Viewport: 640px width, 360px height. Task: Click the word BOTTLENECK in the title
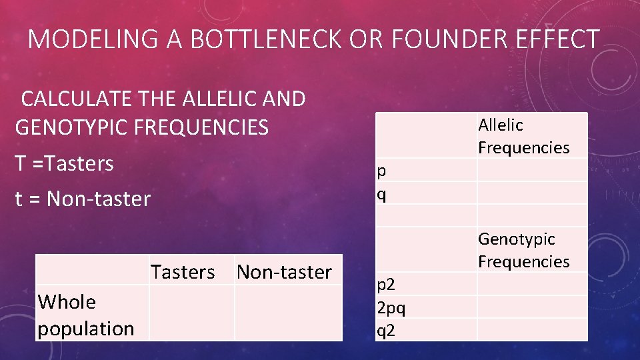(x=272, y=39)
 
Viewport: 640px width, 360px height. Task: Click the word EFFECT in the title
(x=561, y=39)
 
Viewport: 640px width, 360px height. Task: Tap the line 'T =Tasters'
(x=64, y=163)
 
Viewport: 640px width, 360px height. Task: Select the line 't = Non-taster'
(x=83, y=199)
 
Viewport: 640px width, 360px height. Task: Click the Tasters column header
(x=183, y=272)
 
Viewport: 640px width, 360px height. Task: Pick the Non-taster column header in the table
(x=284, y=272)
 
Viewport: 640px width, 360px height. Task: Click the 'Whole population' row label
(x=85, y=315)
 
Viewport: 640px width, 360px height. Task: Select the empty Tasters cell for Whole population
(x=191, y=313)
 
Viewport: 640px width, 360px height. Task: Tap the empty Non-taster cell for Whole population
(x=288, y=313)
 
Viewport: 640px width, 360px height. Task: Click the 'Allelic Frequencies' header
(x=523, y=136)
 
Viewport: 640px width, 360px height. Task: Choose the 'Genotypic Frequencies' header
(x=523, y=249)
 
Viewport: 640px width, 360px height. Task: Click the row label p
(x=381, y=171)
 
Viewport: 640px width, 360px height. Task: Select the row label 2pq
(x=391, y=308)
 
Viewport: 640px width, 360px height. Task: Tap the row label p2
(x=385, y=285)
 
